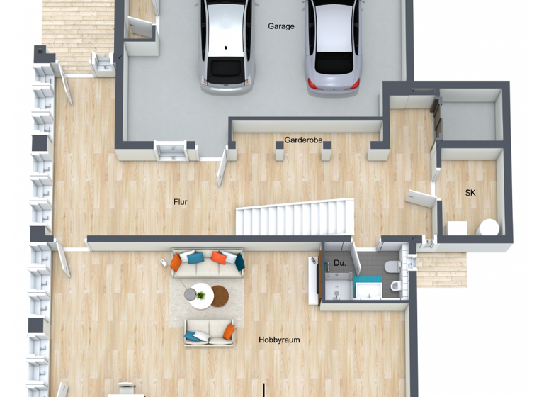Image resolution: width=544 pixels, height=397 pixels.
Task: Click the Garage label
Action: pos(281,26)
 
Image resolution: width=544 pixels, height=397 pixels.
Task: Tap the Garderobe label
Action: pos(303,140)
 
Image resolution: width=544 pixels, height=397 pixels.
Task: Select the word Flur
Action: pos(181,202)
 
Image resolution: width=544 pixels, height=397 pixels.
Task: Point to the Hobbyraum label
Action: pos(279,340)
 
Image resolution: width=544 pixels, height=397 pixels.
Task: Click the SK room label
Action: pos(470,193)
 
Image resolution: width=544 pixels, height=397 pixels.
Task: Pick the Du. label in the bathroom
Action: pos(340,264)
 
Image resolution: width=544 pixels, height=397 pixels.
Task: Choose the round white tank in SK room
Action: pos(488,228)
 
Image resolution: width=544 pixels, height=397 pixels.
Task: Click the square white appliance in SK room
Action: pos(457,228)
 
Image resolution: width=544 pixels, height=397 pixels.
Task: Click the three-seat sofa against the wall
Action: pos(208,263)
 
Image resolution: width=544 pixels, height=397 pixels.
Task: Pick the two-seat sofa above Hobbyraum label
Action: pos(209,332)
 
